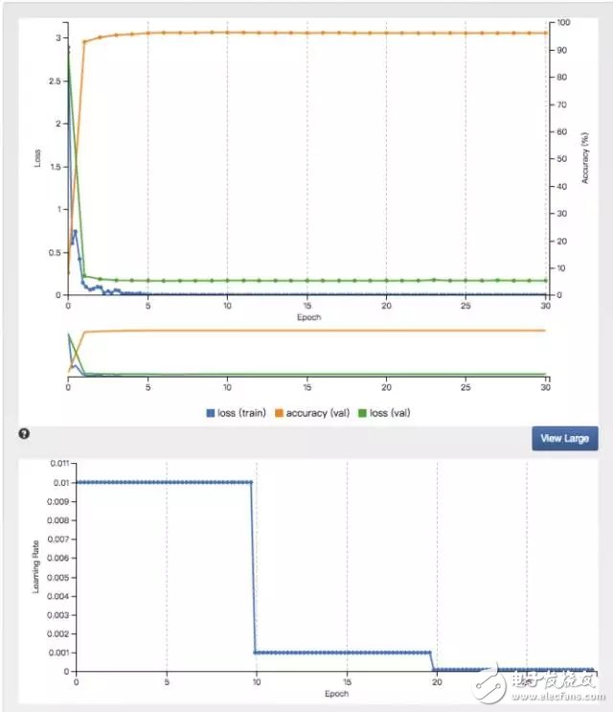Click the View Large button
[565, 438]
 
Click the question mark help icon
[24, 434]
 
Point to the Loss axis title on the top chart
[38, 158]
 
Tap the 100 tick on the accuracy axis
[564, 22]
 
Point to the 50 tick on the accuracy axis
[562, 158]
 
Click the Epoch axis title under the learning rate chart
[335, 693]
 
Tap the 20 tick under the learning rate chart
[437, 681]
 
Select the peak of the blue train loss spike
[75, 231]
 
